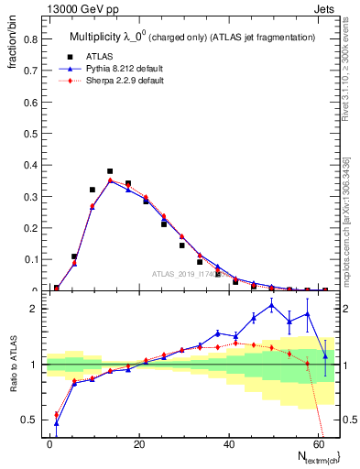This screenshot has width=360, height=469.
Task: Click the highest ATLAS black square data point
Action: coord(110,171)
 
